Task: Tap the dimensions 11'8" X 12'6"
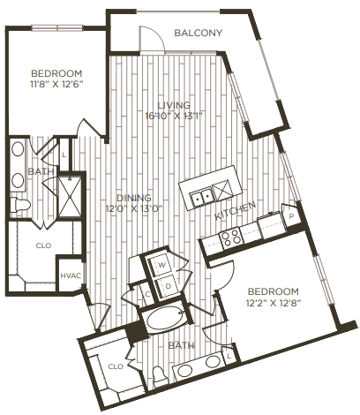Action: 56,85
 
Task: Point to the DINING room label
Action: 134,197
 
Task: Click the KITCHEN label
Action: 235,212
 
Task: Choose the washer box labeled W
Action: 162,264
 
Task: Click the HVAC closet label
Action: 71,275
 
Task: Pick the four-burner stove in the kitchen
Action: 231,237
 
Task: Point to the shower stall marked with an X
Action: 66,192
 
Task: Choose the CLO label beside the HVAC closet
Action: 42,247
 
